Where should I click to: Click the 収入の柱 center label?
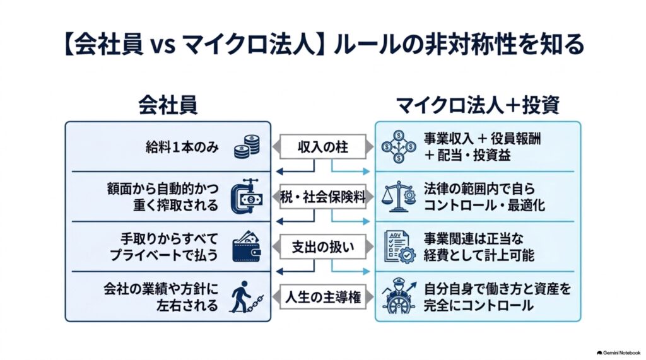pyautogui.click(x=323, y=147)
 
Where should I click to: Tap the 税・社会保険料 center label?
pyautogui.click(x=323, y=197)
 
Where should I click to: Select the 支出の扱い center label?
pyautogui.click(x=323, y=247)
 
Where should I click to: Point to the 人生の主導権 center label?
pyautogui.click(x=323, y=297)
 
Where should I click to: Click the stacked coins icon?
pyautogui.click(x=247, y=147)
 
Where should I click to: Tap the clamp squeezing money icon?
pyautogui.click(x=247, y=197)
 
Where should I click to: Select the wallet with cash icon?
pyautogui.click(x=247, y=247)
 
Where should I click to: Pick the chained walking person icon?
pyautogui.click(x=246, y=297)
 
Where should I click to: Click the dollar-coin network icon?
pyautogui.click(x=399, y=147)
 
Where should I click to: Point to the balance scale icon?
pyautogui.click(x=399, y=197)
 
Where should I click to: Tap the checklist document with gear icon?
pyautogui.click(x=399, y=247)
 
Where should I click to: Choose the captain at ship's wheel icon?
pyautogui.click(x=399, y=296)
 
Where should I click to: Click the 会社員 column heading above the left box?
pyautogui.click(x=168, y=105)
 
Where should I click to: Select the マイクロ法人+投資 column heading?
pyautogui.click(x=478, y=105)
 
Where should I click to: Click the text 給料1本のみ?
pyautogui.click(x=182, y=147)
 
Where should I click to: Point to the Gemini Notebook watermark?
pyautogui.click(x=618, y=352)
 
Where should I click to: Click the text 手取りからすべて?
pyautogui.click(x=169, y=238)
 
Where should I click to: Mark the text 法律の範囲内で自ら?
pyautogui.click(x=479, y=189)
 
